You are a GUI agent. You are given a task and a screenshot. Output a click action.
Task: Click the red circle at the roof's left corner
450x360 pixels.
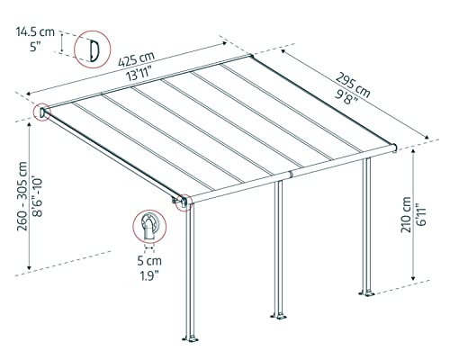tap(42, 112)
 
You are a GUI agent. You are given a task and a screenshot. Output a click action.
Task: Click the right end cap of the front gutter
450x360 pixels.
tap(395, 146)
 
